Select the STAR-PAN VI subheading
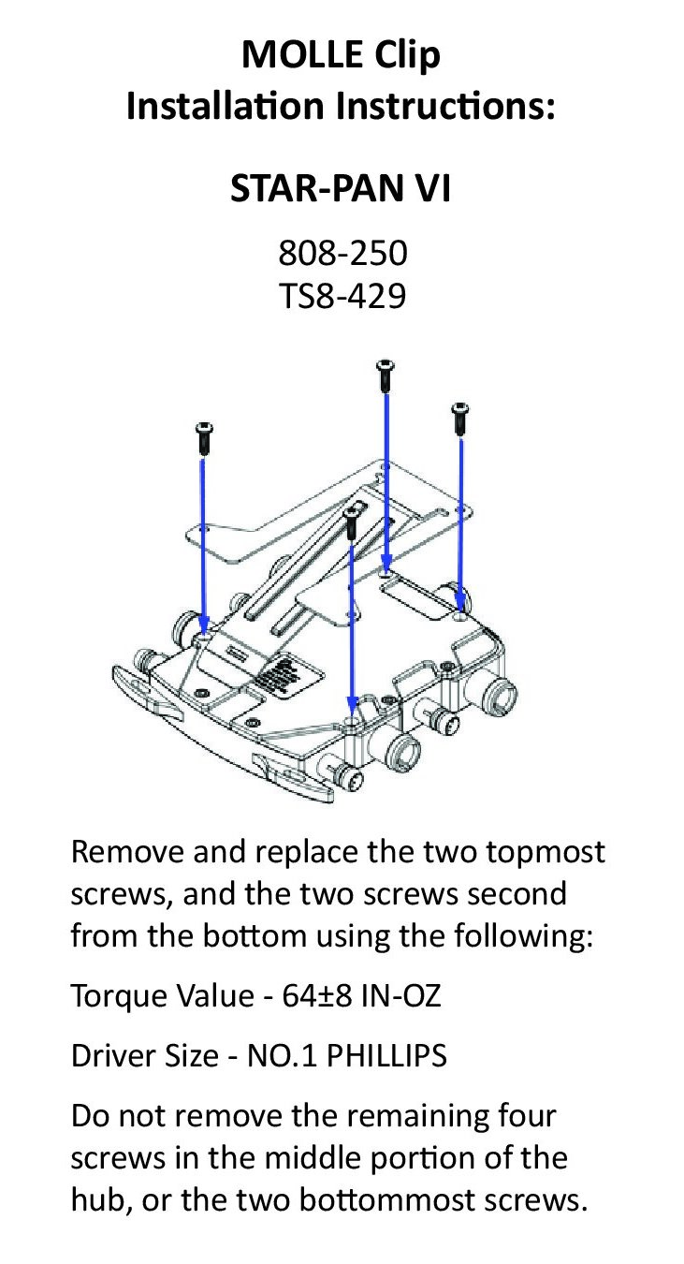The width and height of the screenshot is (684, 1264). [x=342, y=189]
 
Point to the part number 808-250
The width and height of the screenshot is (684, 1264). [x=342, y=253]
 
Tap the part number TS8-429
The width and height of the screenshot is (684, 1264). [x=342, y=297]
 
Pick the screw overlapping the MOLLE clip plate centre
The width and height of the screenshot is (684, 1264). [x=353, y=521]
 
